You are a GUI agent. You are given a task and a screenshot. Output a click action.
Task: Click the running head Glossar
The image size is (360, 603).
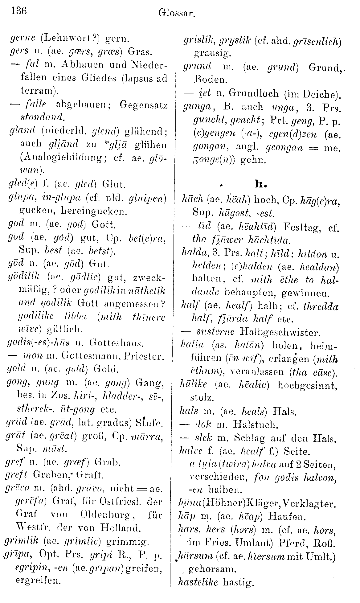(x=177, y=13)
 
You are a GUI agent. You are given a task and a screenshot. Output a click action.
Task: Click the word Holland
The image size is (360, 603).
(x=123, y=528)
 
